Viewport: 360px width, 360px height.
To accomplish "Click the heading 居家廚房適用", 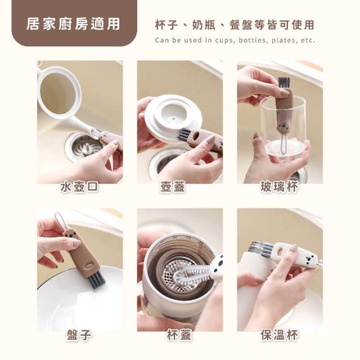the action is pyautogui.click(x=73, y=24).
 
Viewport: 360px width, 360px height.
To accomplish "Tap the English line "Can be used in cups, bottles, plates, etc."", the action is pyautogui.click(x=235, y=40).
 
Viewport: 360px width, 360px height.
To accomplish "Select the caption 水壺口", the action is pyautogui.click(x=79, y=186).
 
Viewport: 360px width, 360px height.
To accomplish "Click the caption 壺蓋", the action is pyautogui.click(x=173, y=186).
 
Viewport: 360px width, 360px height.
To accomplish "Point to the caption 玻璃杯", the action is pyautogui.click(x=280, y=186).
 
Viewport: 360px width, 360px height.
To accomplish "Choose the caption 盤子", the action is pyautogui.click(x=79, y=335).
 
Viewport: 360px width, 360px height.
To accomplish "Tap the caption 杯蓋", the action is pyautogui.click(x=179, y=335).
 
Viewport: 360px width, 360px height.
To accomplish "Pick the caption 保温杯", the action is pyautogui.click(x=280, y=335).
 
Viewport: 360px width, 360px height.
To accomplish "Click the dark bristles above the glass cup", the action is pyautogui.click(x=283, y=82).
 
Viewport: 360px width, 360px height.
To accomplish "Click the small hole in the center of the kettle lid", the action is pyautogui.click(x=174, y=119).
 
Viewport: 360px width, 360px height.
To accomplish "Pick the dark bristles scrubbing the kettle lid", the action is pyautogui.click(x=185, y=135).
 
